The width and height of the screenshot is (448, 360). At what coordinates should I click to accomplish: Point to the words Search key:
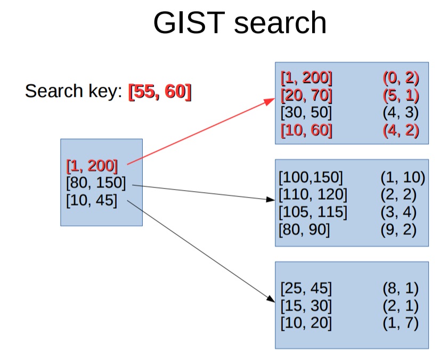click(x=74, y=92)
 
